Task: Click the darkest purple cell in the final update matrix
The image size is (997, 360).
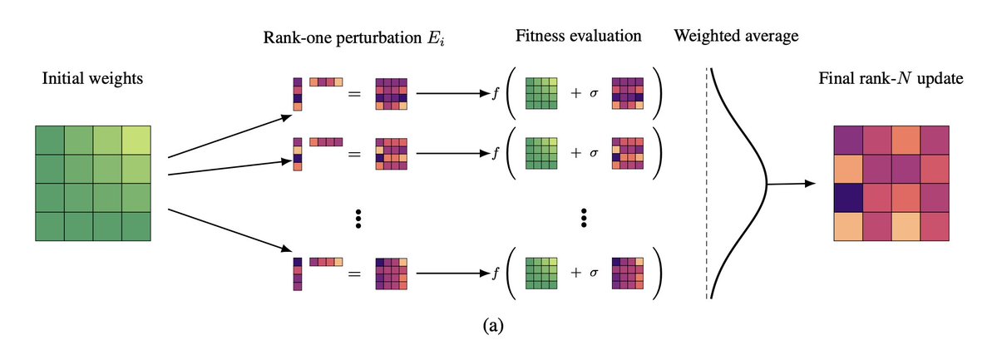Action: [849, 199]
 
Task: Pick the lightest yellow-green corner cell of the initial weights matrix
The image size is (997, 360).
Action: [136, 140]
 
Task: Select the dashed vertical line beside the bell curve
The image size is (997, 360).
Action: [708, 183]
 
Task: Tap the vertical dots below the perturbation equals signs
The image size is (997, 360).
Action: [358, 219]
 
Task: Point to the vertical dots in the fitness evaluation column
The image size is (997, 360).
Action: [584, 219]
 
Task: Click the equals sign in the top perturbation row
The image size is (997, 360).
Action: [353, 94]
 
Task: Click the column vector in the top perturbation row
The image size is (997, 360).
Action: [296, 93]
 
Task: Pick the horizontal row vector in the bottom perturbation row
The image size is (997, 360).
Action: [326, 261]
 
